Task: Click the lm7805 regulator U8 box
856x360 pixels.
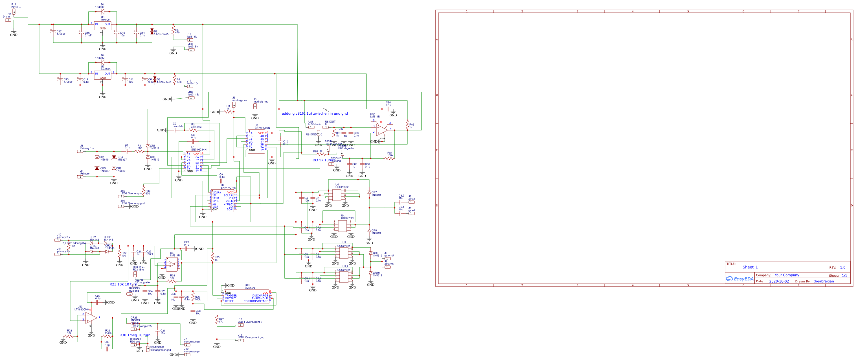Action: (102, 26)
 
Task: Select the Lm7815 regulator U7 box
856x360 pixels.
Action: (102, 75)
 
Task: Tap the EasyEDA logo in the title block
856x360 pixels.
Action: (739, 279)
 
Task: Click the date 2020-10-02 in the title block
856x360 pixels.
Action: (779, 282)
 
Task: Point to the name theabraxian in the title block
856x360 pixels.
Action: (824, 282)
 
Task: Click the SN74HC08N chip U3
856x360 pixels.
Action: (256, 141)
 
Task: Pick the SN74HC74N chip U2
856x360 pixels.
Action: (222, 201)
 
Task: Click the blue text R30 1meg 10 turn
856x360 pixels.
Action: (135, 335)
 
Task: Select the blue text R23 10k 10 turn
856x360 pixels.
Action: (123, 285)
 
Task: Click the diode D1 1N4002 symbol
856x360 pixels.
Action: (102, 12)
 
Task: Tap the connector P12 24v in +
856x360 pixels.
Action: (14, 11)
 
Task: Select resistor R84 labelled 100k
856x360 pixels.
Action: (389, 158)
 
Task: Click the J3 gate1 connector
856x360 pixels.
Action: (411, 202)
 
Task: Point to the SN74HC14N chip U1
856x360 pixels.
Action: (192, 163)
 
